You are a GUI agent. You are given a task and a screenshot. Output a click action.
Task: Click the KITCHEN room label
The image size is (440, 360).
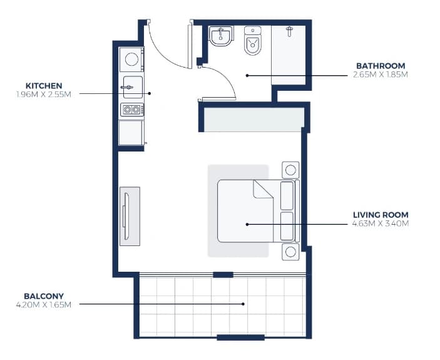click(44, 86)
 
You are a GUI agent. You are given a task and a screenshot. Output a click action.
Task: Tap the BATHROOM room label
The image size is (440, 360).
click(381, 66)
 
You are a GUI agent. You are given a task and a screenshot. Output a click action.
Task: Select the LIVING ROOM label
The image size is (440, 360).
click(381, 215)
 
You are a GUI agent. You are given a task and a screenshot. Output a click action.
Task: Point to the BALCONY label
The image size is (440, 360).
click(44, 296)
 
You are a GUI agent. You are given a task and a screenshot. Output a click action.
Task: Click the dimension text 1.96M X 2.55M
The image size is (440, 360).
click(44, 95)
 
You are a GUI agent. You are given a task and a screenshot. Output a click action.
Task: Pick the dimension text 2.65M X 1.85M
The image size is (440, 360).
click(381, 75)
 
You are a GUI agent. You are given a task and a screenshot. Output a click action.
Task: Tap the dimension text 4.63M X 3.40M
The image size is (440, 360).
click(381, 224)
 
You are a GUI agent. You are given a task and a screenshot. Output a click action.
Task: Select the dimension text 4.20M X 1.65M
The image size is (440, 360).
click(44, 305)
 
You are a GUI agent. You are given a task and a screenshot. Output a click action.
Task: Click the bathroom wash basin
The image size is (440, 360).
click(221, 36)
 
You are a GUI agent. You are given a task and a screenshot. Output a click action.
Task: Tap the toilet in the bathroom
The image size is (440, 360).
click(253, 41)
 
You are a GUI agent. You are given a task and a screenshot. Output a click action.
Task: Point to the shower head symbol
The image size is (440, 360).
click(290, 31)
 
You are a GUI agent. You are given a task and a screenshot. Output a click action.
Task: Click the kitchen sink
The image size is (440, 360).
click(133, 87)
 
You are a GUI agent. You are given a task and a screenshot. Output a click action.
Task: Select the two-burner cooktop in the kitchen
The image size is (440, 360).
click(132, 110)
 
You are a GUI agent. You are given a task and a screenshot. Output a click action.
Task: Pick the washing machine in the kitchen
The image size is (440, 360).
click(131, 59)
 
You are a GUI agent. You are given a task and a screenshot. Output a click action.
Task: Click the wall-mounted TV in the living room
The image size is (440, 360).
click(125, 216)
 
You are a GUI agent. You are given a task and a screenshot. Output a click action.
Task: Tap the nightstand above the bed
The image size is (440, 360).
click(290, 170)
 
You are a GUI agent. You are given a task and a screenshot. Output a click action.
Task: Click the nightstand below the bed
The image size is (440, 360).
click(290, 252)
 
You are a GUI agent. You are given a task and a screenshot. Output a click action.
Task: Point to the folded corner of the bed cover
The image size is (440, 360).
click(262, 189)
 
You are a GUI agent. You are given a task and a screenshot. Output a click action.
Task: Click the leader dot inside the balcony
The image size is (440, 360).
click(243, 304)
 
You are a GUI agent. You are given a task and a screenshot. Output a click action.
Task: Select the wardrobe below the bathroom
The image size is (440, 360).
click(253, 120)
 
